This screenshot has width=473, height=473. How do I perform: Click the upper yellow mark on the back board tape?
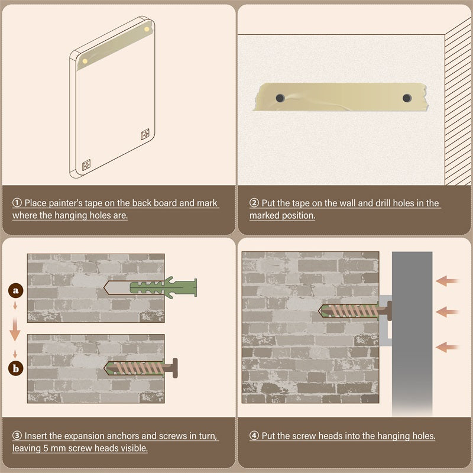tap(147, 29)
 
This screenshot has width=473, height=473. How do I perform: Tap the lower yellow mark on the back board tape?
tap(85, 61)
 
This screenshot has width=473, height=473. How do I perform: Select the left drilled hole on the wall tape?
tap(280, 98)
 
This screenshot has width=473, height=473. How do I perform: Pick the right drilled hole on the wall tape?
tap(407, 98)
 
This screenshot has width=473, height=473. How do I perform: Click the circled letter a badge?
tap(16, 290)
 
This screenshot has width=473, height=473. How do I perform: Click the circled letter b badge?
tap(16, 368)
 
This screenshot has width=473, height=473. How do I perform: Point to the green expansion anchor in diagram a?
tap(164, 287)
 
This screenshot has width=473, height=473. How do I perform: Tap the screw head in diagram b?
tap(175, 368)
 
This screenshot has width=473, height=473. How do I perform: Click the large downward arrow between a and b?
tap(15, 329)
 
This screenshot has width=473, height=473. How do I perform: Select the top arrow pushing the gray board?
tap(448, 281)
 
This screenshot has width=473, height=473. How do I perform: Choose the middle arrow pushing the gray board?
tap(448, 312)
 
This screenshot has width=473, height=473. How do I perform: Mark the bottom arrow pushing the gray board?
tap(448, 347)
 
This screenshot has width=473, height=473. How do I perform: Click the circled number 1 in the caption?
tap(17, 202)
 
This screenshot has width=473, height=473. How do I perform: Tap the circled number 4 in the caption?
tap(254, 435)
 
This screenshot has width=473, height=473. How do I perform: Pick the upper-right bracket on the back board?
tap(145, 134)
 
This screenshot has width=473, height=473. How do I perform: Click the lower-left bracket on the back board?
tap(86, 165)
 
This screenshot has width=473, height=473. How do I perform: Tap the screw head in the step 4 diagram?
tap(390, 311)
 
